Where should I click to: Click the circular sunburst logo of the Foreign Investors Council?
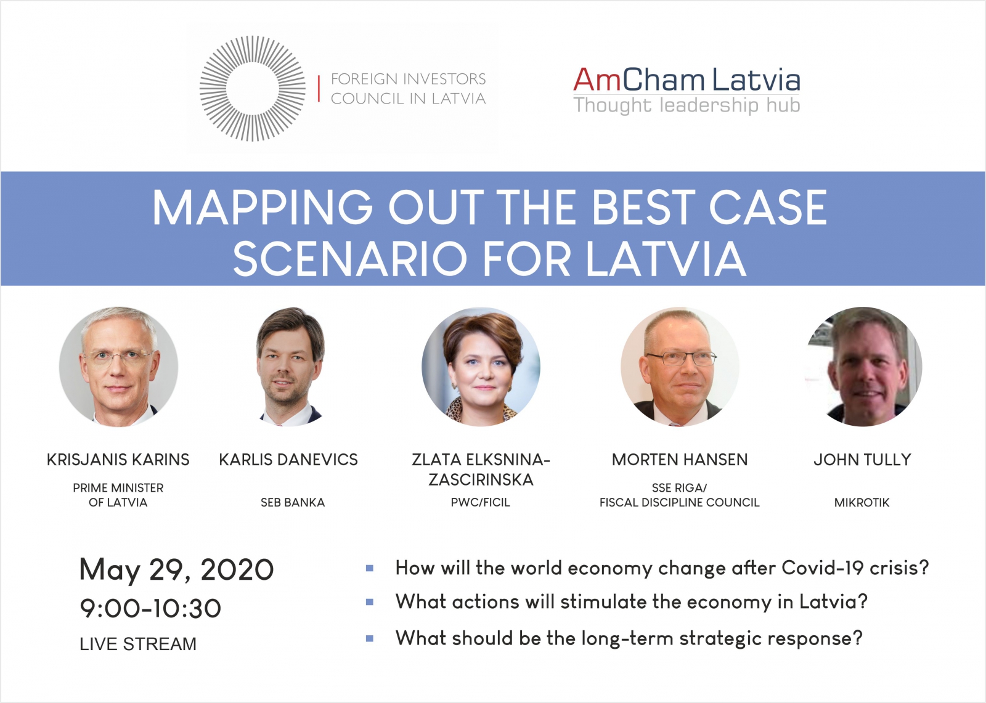(252, 89)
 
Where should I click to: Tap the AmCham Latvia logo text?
(687, 79)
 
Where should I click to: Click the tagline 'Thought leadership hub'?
(687, 105)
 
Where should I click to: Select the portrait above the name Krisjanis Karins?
(118, 367)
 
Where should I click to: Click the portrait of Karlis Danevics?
(290, 367)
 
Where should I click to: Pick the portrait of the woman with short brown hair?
(481, 367)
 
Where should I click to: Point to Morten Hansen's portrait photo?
(680, 367)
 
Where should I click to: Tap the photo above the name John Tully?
(863, 367)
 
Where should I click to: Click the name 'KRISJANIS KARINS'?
(118, 460)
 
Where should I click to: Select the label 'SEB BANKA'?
(293, 502)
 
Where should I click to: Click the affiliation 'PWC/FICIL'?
(480, 502)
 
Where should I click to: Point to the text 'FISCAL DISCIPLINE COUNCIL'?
(680, 502)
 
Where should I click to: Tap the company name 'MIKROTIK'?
(862, 502)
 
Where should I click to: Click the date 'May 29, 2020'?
(176, 571)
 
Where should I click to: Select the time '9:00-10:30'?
(150, 608)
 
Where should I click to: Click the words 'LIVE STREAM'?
(138, 644)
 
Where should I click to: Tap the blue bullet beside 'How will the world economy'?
(370, 568)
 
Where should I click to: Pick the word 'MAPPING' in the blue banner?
(263, 207)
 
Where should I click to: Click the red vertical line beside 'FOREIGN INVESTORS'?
(319, 89)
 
